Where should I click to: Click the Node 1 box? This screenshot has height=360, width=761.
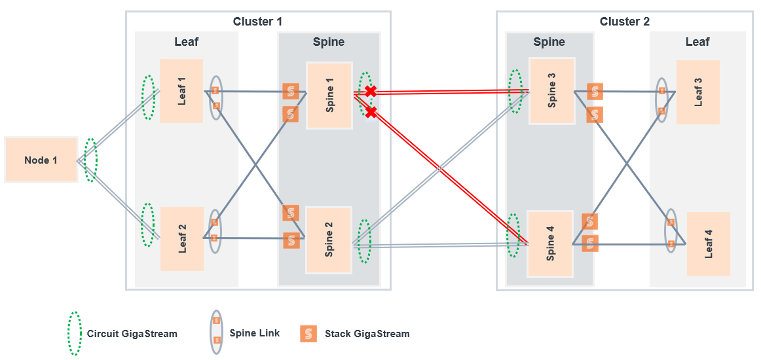[41, 160]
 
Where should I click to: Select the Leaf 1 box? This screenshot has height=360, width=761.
[181, 90]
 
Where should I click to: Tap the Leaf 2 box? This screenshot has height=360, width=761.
[182, 238]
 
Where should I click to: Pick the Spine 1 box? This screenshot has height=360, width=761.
[329, 96]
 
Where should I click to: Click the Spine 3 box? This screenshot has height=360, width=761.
[552, 90]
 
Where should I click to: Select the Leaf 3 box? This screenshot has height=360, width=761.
[698, 92]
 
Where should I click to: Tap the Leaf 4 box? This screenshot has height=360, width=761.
[709, 243]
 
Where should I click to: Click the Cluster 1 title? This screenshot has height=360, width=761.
[257, 22]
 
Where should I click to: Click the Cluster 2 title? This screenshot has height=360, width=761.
[624, 22]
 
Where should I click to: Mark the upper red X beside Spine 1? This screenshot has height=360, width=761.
[371, 91]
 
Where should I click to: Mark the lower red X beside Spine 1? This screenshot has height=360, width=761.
[371, 113]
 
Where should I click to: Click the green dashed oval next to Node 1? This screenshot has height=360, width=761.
[90, 160]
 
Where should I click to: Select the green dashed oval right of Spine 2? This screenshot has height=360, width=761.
[364, 241]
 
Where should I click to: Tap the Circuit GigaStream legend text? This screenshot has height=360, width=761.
[132, 334]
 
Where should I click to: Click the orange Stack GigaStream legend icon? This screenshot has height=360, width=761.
[308, 334]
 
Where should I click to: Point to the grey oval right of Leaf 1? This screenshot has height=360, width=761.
[215, 98]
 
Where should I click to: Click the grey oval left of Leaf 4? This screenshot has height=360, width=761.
[671, 230]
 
